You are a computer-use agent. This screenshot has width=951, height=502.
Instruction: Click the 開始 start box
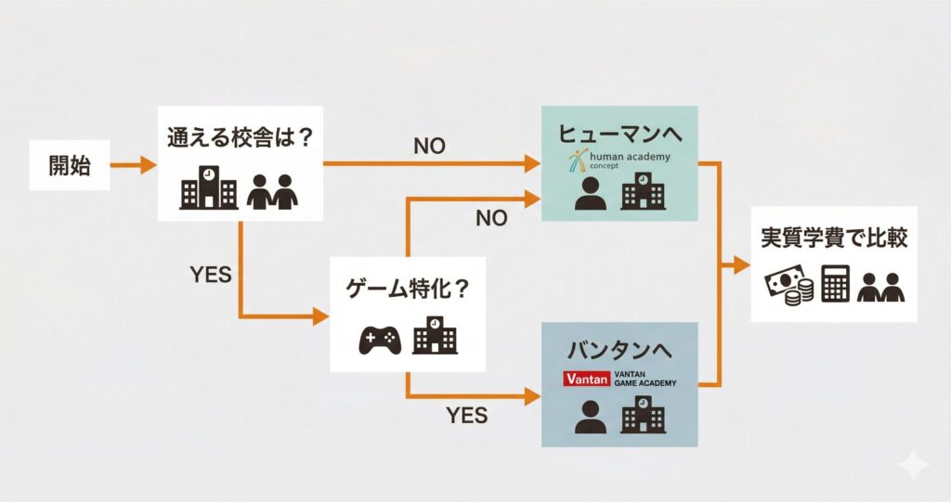(x=70, y=166)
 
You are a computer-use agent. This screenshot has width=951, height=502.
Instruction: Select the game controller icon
(x=380, y=340)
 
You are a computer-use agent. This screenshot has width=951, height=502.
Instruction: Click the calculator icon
(x=835, y=285)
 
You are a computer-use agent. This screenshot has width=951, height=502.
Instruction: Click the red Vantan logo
(x=586, y=380)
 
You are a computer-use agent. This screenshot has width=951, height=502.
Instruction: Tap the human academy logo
(x=620, y=163)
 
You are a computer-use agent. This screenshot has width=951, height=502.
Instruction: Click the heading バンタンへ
(x=619, y=351)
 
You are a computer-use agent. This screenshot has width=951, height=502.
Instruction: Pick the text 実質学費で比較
(x=833, y=238)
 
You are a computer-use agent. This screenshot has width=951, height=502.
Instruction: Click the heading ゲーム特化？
(x=408, y=289)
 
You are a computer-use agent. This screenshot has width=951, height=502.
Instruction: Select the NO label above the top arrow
(x=428, y=146)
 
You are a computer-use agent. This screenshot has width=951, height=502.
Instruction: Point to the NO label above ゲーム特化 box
(x=490, y=219)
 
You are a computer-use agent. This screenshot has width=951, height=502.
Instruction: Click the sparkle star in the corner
(x=913, y=465)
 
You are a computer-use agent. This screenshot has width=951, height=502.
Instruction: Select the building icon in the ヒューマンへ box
(x=642, y=194)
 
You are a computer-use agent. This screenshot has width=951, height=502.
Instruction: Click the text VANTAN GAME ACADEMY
(x=646, y=379)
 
